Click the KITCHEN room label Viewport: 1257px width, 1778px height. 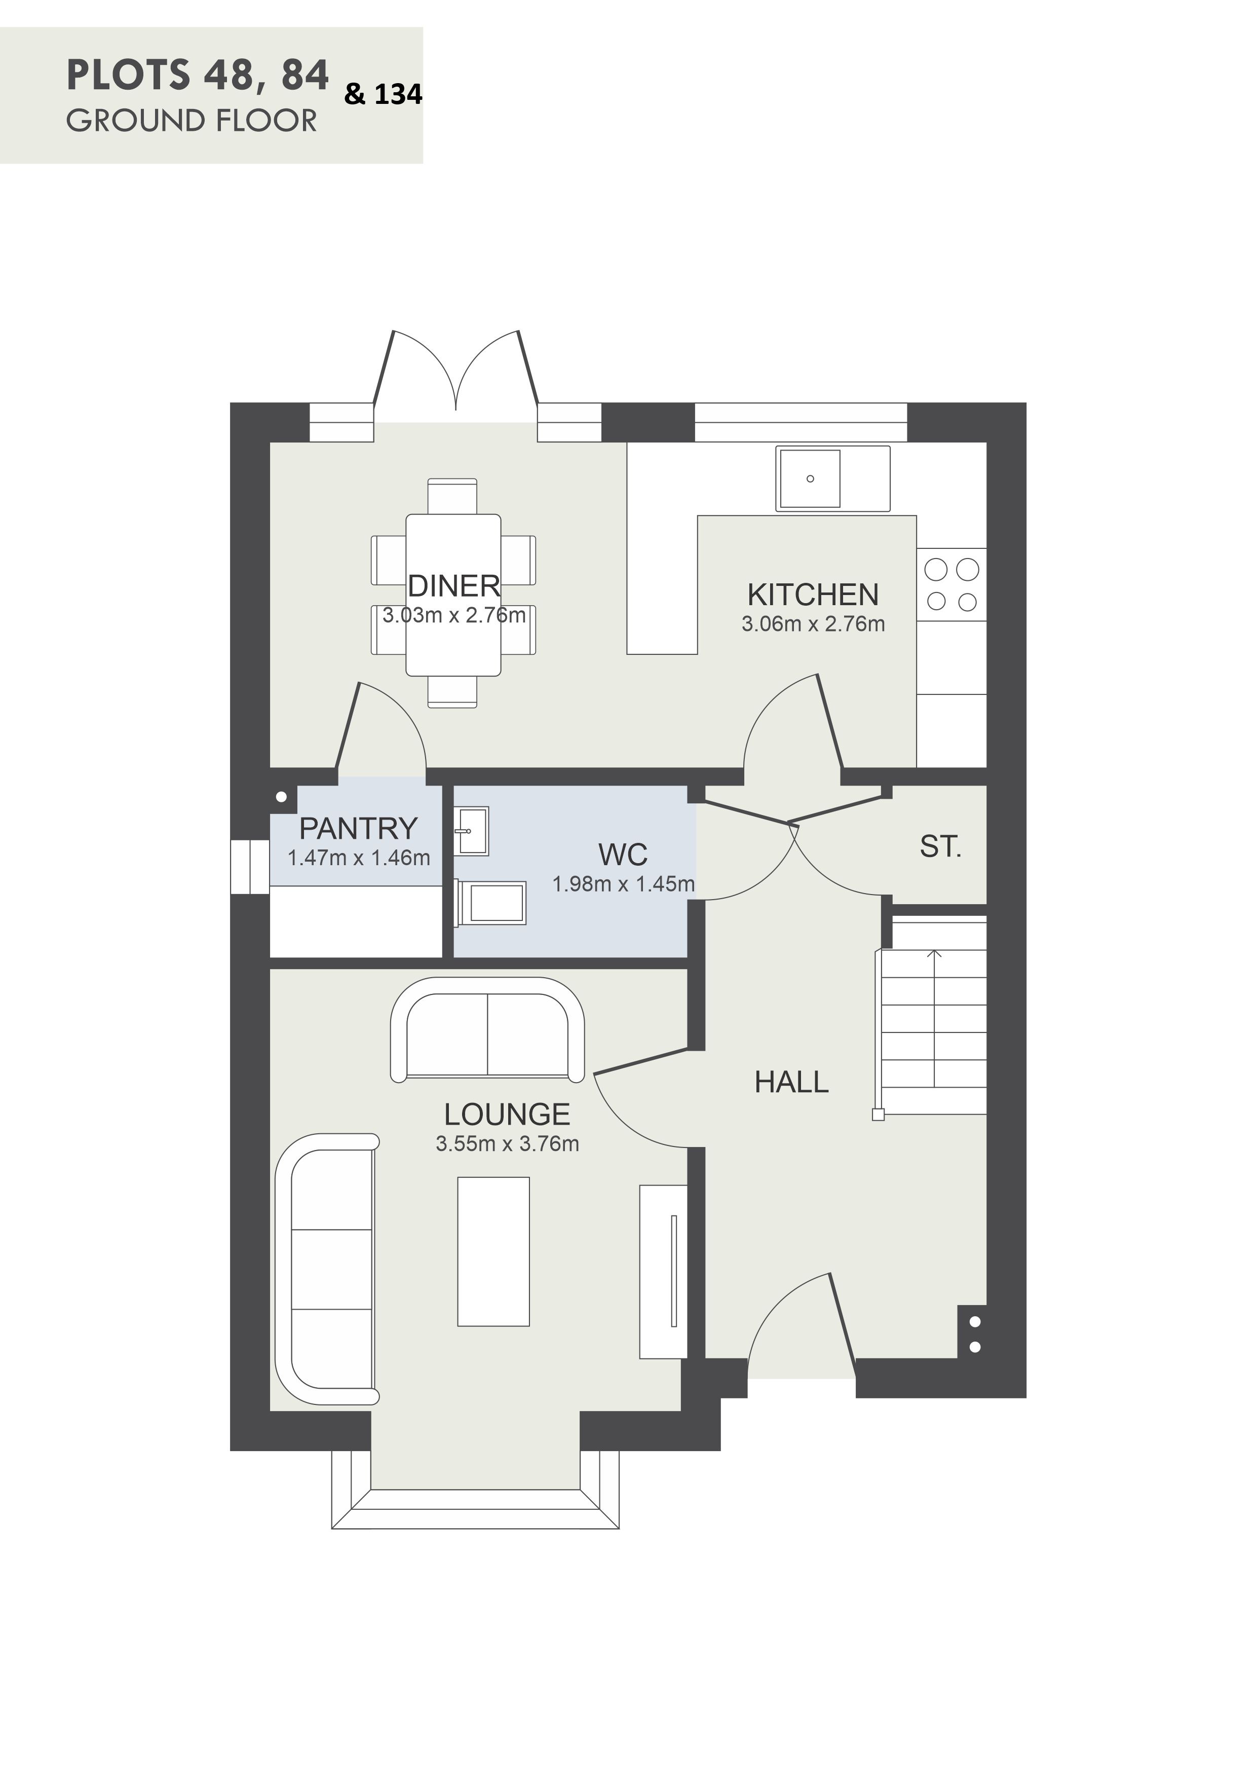pyautogui.click(x=813, y=595)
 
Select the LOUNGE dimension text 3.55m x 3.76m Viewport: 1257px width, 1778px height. pyautogui.click(x=507, y=1144)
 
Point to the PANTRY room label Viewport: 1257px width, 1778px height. pyautogui.click(x=358, y=829)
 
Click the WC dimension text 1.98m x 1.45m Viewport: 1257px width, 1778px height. pyautogui.click(x=623, y=883)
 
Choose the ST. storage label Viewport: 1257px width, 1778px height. pyautogui.click(x=940, y=846)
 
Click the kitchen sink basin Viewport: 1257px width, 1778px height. pyautogui.click(x=810, y=478)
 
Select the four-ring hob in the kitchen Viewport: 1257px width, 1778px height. pyautogui.click(x=951, y=585)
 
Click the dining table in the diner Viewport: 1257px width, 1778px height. pyautogui.click(x=453, y=595)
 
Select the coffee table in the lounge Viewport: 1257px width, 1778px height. pyautogui.click(x=493, y=1252)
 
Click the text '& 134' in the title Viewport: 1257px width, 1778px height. pyautogui.click(x=383, y=94)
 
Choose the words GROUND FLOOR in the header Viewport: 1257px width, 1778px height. pyautogui.click(x=191, y=121)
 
